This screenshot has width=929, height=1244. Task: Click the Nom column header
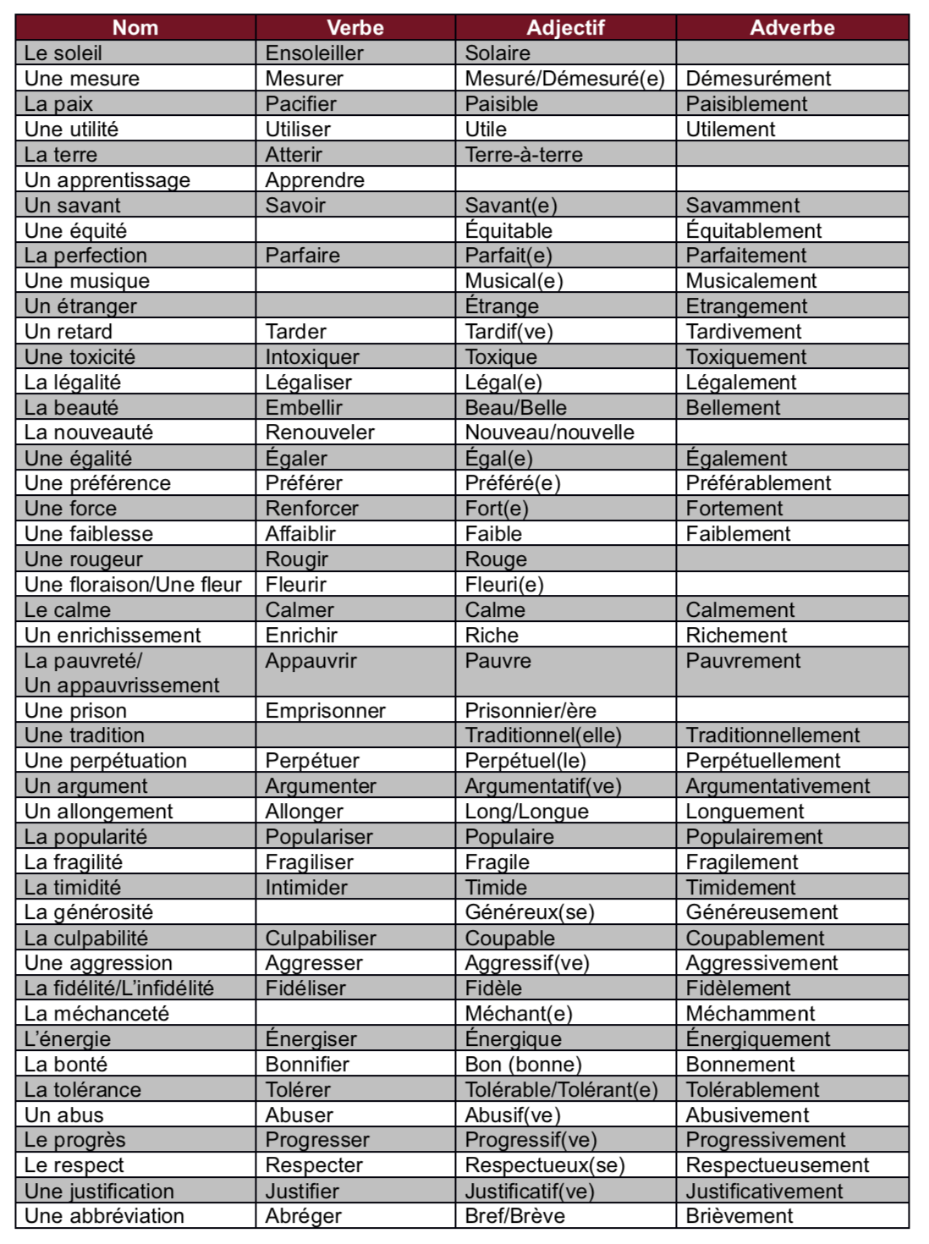point(135,28)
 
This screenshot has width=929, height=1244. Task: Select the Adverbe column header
point(792,28)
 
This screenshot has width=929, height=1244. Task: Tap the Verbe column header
point(355,28)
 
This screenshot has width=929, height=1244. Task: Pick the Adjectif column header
point(565,28)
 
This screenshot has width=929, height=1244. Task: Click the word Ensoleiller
point(314,53)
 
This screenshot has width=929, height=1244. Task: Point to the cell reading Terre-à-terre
point(524,155)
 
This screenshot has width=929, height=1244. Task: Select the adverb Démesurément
point(758,79)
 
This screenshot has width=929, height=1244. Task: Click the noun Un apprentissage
point(107,180)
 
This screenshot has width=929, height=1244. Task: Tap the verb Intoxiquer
point(312,357)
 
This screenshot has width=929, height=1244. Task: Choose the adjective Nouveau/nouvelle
point(549,432)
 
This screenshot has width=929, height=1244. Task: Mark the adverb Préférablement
point(758,483)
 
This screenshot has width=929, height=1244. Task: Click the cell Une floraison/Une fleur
point(133,585)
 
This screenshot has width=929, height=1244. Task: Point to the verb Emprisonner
point(325,711)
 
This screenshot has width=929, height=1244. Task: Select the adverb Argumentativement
point(778,786)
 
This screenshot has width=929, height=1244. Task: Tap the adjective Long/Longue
point(526,812)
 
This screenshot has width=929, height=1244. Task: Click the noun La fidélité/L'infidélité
point(119,988)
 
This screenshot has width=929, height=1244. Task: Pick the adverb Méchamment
point(750,1014)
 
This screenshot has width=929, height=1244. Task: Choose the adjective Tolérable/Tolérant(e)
point(561,1090)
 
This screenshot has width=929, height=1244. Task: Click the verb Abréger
point(303,1216)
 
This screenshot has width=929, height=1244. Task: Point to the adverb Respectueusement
point(777,1165)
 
